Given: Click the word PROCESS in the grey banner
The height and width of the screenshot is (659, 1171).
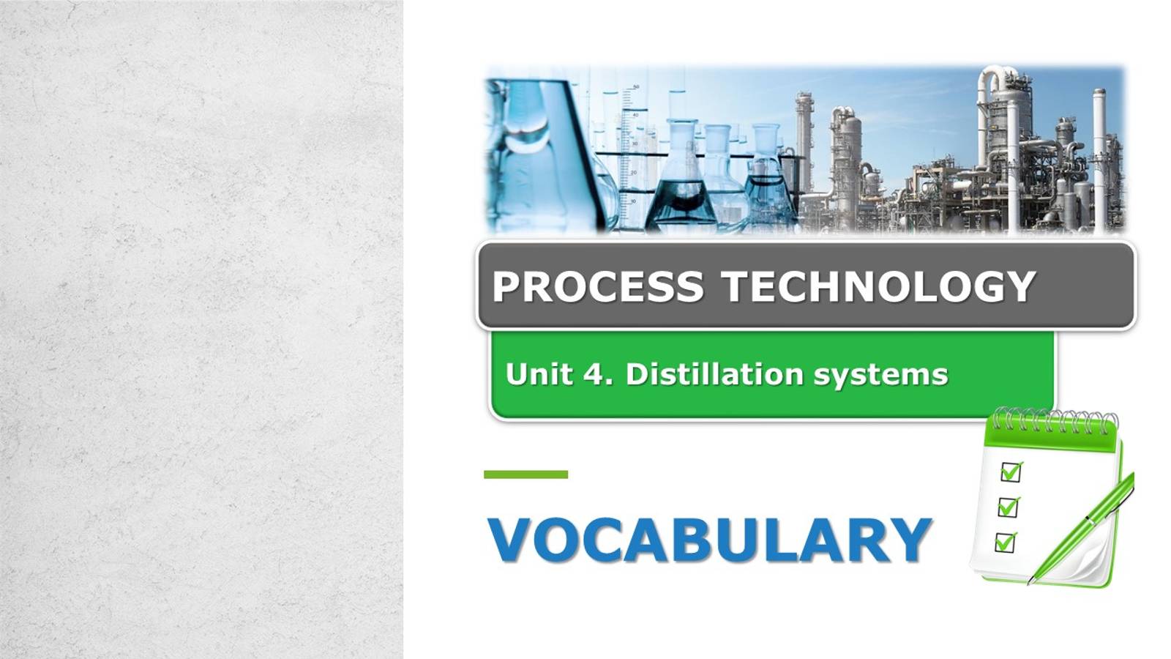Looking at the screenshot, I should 597,286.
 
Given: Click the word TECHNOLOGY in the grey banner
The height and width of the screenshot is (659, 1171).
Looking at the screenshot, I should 879,286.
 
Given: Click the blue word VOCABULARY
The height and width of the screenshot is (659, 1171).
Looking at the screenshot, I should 709,540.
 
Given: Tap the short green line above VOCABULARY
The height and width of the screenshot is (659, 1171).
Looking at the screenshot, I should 525,474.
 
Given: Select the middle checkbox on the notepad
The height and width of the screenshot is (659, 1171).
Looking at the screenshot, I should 1008,506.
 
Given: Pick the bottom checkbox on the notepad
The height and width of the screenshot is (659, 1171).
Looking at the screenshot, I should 1005,542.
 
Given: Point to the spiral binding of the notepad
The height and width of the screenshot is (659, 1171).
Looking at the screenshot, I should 1054,421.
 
